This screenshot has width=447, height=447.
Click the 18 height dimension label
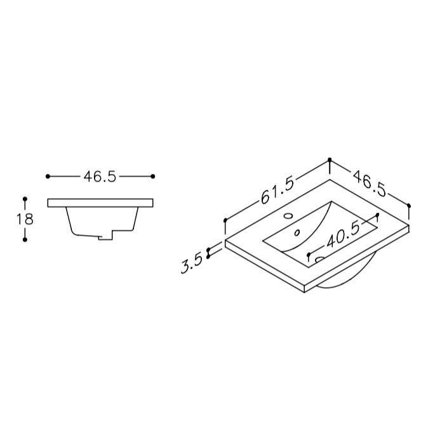click(25, 219)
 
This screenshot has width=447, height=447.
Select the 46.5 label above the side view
click(100, 177)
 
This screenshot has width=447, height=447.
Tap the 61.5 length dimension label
click(277, 190)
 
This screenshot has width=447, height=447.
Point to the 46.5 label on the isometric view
click(370, 183)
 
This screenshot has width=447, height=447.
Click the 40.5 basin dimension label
click(343, 235)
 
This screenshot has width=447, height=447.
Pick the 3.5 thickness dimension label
click(191, 264)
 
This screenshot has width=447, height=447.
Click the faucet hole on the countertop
click(289, 215)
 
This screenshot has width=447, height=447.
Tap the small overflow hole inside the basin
click(297, 233)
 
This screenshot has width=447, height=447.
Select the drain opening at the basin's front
click(319, 259)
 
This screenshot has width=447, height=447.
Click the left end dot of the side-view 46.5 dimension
click(48, 177)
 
